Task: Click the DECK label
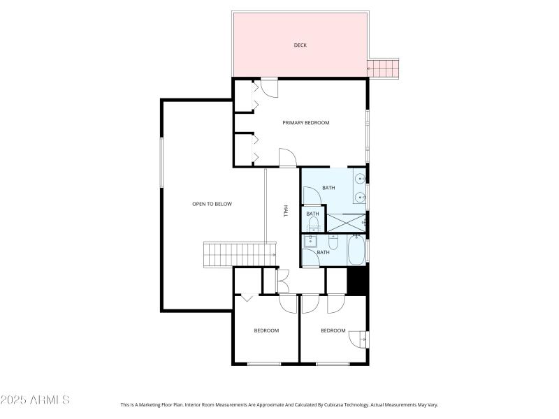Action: (x=300, y=45)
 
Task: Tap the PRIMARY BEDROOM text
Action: (x=305, y=123)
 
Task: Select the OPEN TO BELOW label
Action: (x=212, y=204)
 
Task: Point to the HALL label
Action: (x=285, y=211)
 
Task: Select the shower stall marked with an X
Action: (x=346, y=223)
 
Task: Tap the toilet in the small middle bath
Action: (x=313, y=223)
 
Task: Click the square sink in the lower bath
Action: (x=312, y=242)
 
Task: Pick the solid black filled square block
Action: (x=357, y=281)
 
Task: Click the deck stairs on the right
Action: (x=383, y=68)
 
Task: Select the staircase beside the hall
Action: (x=235, y=254)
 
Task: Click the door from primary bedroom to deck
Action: (x=269, y=87)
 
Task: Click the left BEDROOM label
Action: (x=266, y=330)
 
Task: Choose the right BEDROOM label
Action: (x=333, y=330)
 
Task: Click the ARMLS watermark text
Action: (x=35, y=400)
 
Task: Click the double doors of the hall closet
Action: (x=282, y=281)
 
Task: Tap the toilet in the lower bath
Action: (x=334, y=243)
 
